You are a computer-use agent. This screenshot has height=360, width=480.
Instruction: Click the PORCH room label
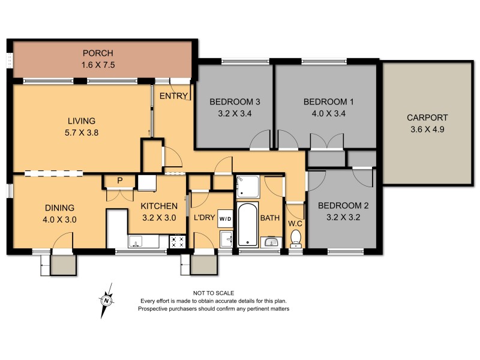98,53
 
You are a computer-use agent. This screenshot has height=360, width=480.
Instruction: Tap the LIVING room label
81,121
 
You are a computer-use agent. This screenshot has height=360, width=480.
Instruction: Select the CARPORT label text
427,118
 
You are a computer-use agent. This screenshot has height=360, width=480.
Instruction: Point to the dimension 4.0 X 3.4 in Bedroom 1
328,113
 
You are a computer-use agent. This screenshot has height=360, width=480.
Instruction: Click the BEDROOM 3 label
232,101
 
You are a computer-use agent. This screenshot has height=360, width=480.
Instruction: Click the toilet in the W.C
295,238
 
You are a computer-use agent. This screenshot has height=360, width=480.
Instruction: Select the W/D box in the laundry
226,218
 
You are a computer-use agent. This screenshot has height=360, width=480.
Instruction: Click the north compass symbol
106,299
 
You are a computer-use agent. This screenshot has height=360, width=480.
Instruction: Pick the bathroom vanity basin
271,242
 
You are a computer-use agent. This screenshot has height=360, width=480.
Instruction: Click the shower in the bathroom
247,186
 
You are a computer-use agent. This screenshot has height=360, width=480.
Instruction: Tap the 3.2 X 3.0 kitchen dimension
158,218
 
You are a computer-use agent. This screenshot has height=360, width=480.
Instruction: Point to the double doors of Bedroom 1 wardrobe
326,142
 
